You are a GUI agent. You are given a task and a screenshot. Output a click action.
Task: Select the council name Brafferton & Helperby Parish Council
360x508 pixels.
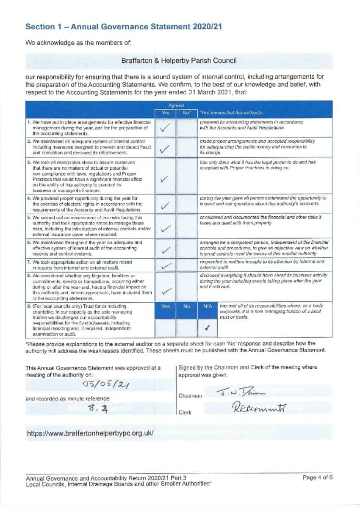click(x=179, y=61)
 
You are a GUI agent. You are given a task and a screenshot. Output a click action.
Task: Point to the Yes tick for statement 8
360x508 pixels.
click(x=166, y=291)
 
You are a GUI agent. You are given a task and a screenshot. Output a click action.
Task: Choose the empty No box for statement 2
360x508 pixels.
click(x=186, y=147)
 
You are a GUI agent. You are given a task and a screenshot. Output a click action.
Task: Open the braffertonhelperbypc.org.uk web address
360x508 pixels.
click(x=90, y=433)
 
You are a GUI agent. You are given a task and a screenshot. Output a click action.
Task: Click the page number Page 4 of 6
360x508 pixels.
click(x=317, y=478)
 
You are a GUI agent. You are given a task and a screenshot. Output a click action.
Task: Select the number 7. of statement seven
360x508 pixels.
click(x=28, y=262)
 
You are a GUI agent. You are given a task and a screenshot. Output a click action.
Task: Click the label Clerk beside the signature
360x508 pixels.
click(x=186, y=411)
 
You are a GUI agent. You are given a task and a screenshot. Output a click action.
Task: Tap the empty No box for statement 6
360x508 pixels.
click(x=186, y=248)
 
